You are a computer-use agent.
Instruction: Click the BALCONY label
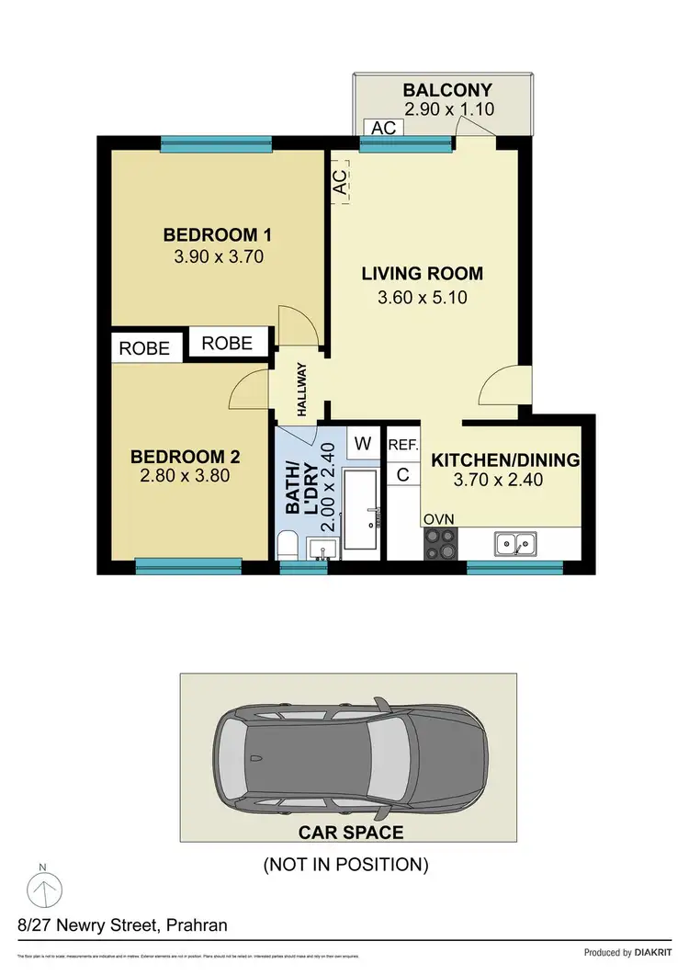click(x=447, y=90)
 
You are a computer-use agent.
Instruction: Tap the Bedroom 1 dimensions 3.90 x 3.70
click(x=219, y=256)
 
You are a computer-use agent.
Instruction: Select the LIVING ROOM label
click(x=422, y=273)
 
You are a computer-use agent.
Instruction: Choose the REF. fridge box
click(x=403, y=445)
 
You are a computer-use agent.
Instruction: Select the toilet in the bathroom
click(x=287, y=545)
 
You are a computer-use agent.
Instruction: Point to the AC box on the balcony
click(x=383, y=128)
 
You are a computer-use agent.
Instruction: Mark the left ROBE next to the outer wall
click(x=145, y=348)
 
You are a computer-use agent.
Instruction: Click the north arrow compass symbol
click(x=41, y=890)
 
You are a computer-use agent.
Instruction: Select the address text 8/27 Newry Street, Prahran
click(x=121, y=924)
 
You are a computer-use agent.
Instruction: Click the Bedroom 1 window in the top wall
click(x=216, y=142)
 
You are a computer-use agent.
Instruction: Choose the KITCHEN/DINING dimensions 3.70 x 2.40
click(x=499, y=479)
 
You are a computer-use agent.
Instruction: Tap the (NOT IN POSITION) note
click(x=345, y=864)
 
